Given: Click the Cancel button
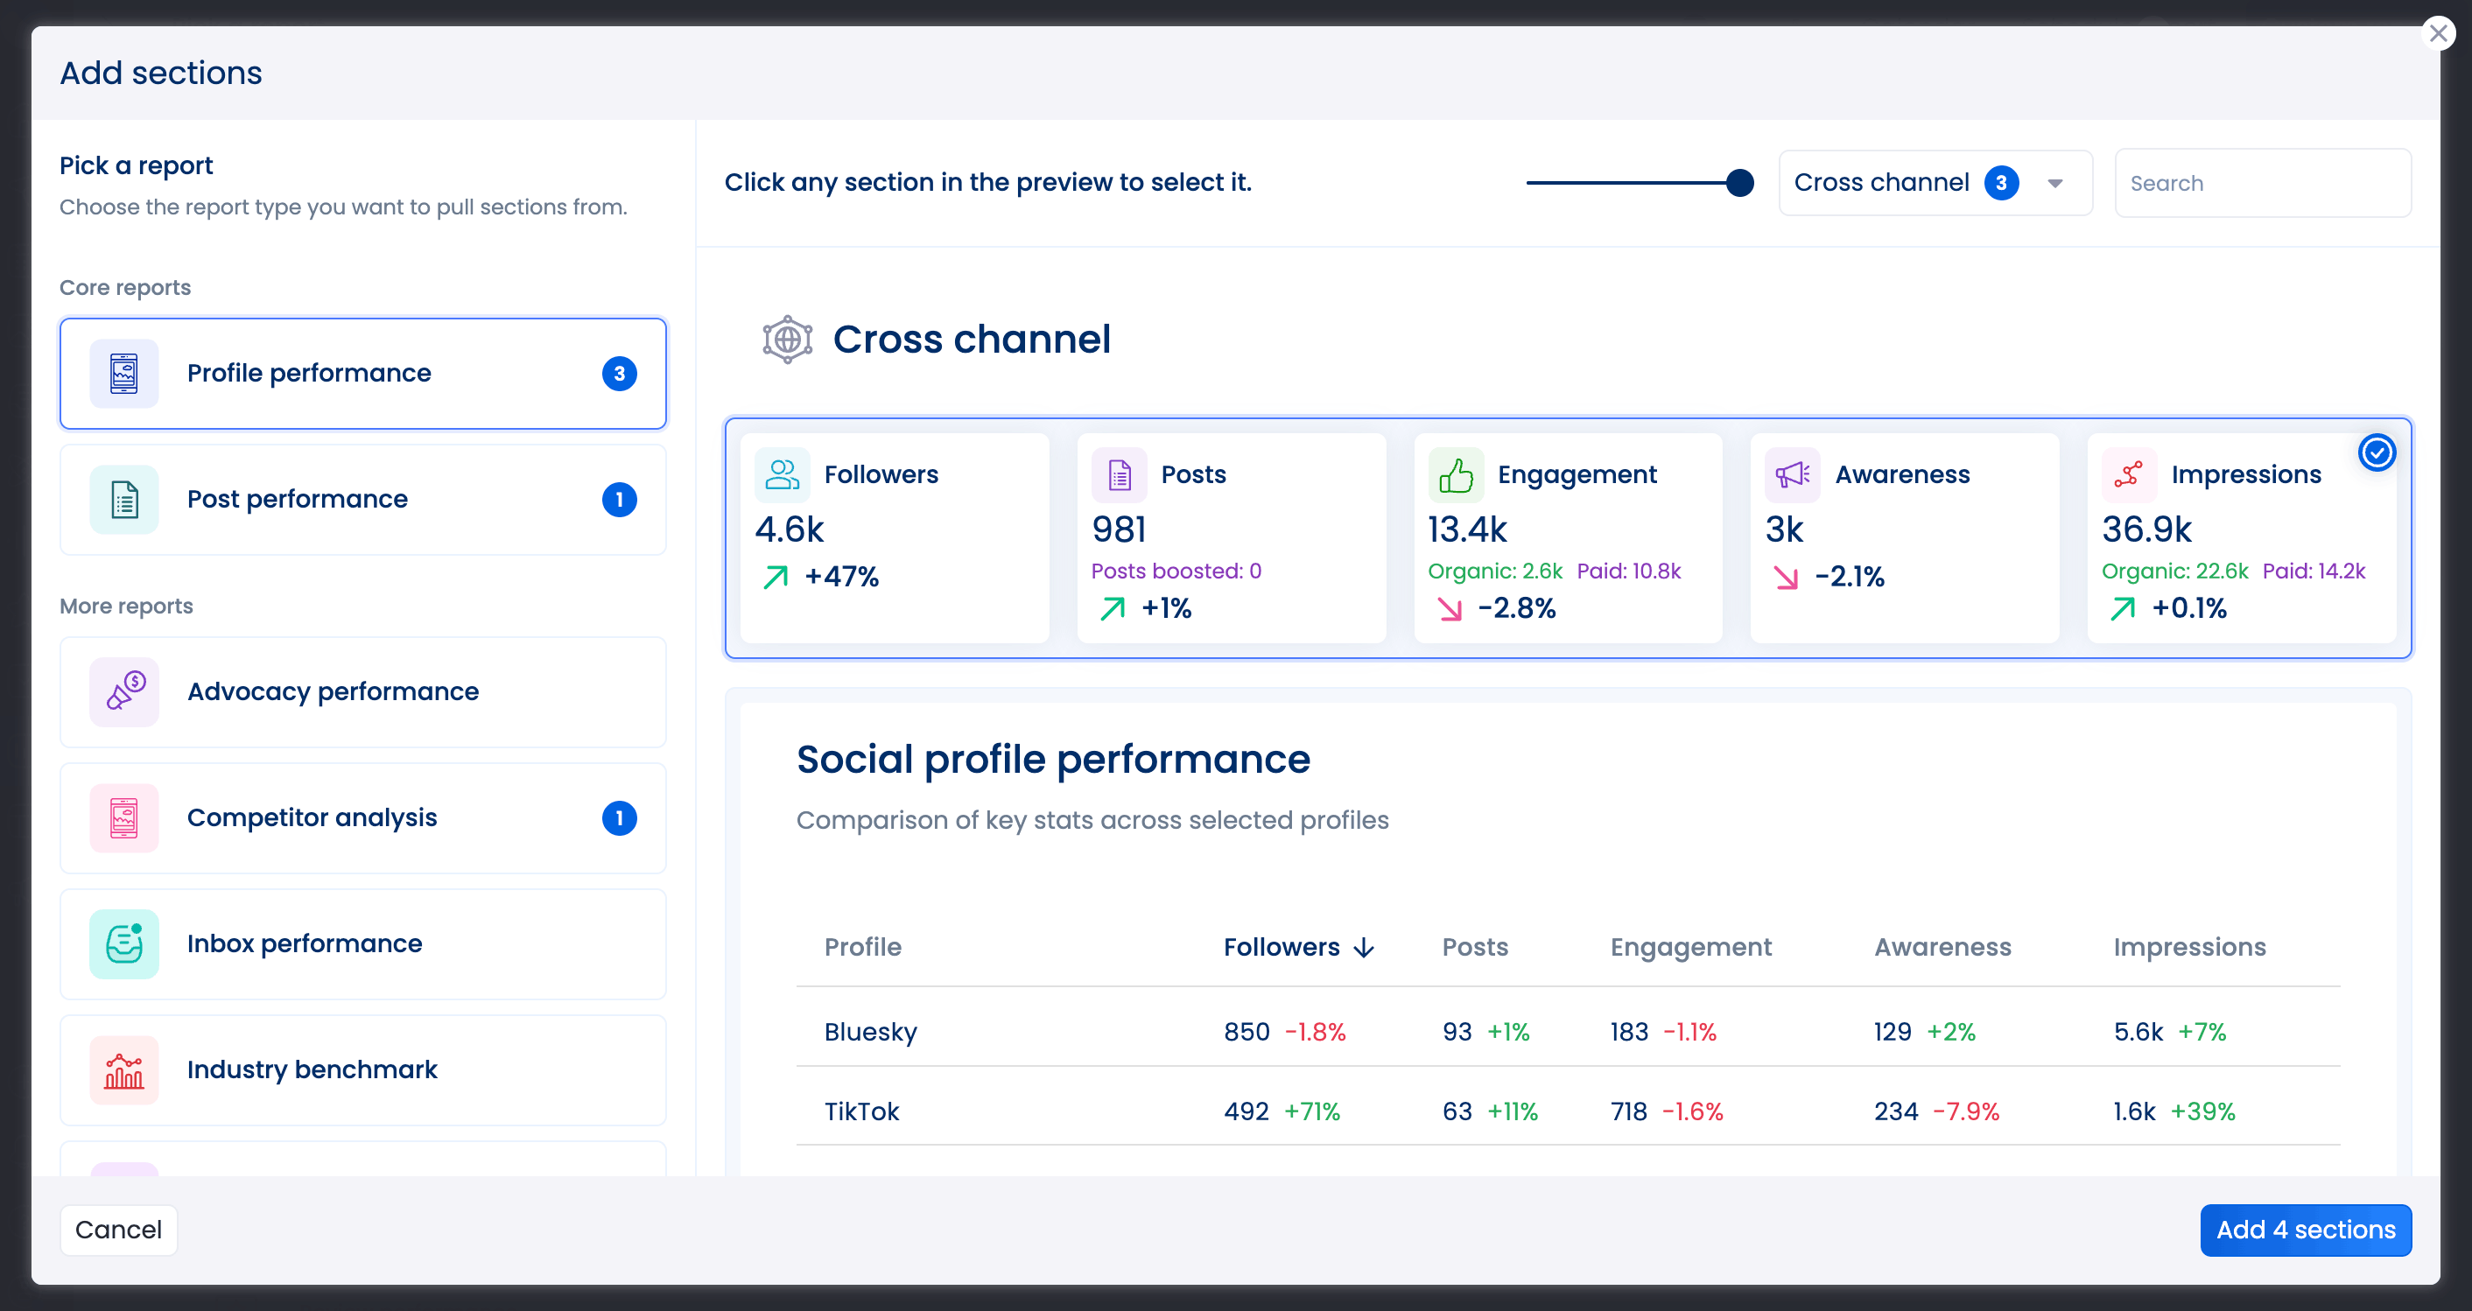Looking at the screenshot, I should pyautogui.click(x=118, y=1230).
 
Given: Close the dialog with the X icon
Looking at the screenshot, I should pyautogui.click(x=2438, y=33).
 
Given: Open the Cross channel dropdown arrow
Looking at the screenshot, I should pyautogui.click(x=2054, y=183).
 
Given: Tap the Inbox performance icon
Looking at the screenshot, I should pyautogui.click(x=123, y=943).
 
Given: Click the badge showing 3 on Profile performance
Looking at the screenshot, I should pyautogui.click(x=619, y=374).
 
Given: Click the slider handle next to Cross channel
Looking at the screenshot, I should pyautogui.click(x=1738, y=182).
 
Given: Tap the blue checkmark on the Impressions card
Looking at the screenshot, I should pyautogui.click(x=2376, y=453).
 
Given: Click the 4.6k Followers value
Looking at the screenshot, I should pyautogui.click(x=789, y=529).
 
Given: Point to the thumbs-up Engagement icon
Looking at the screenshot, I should pyautogui.click(x=1455, y=475).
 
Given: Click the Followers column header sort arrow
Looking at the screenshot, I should pyautogui.click(x=1364, y=948).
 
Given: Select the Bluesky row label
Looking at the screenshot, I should pyautogui.click(x=870, y=1032).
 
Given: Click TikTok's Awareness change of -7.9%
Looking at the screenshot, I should pyautogui.click(x=1965, y=1111).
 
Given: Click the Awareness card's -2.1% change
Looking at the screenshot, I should pyautogui.click(x=1850, y=577).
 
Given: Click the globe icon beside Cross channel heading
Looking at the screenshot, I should pyautogui.click(x=787, y=340).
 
